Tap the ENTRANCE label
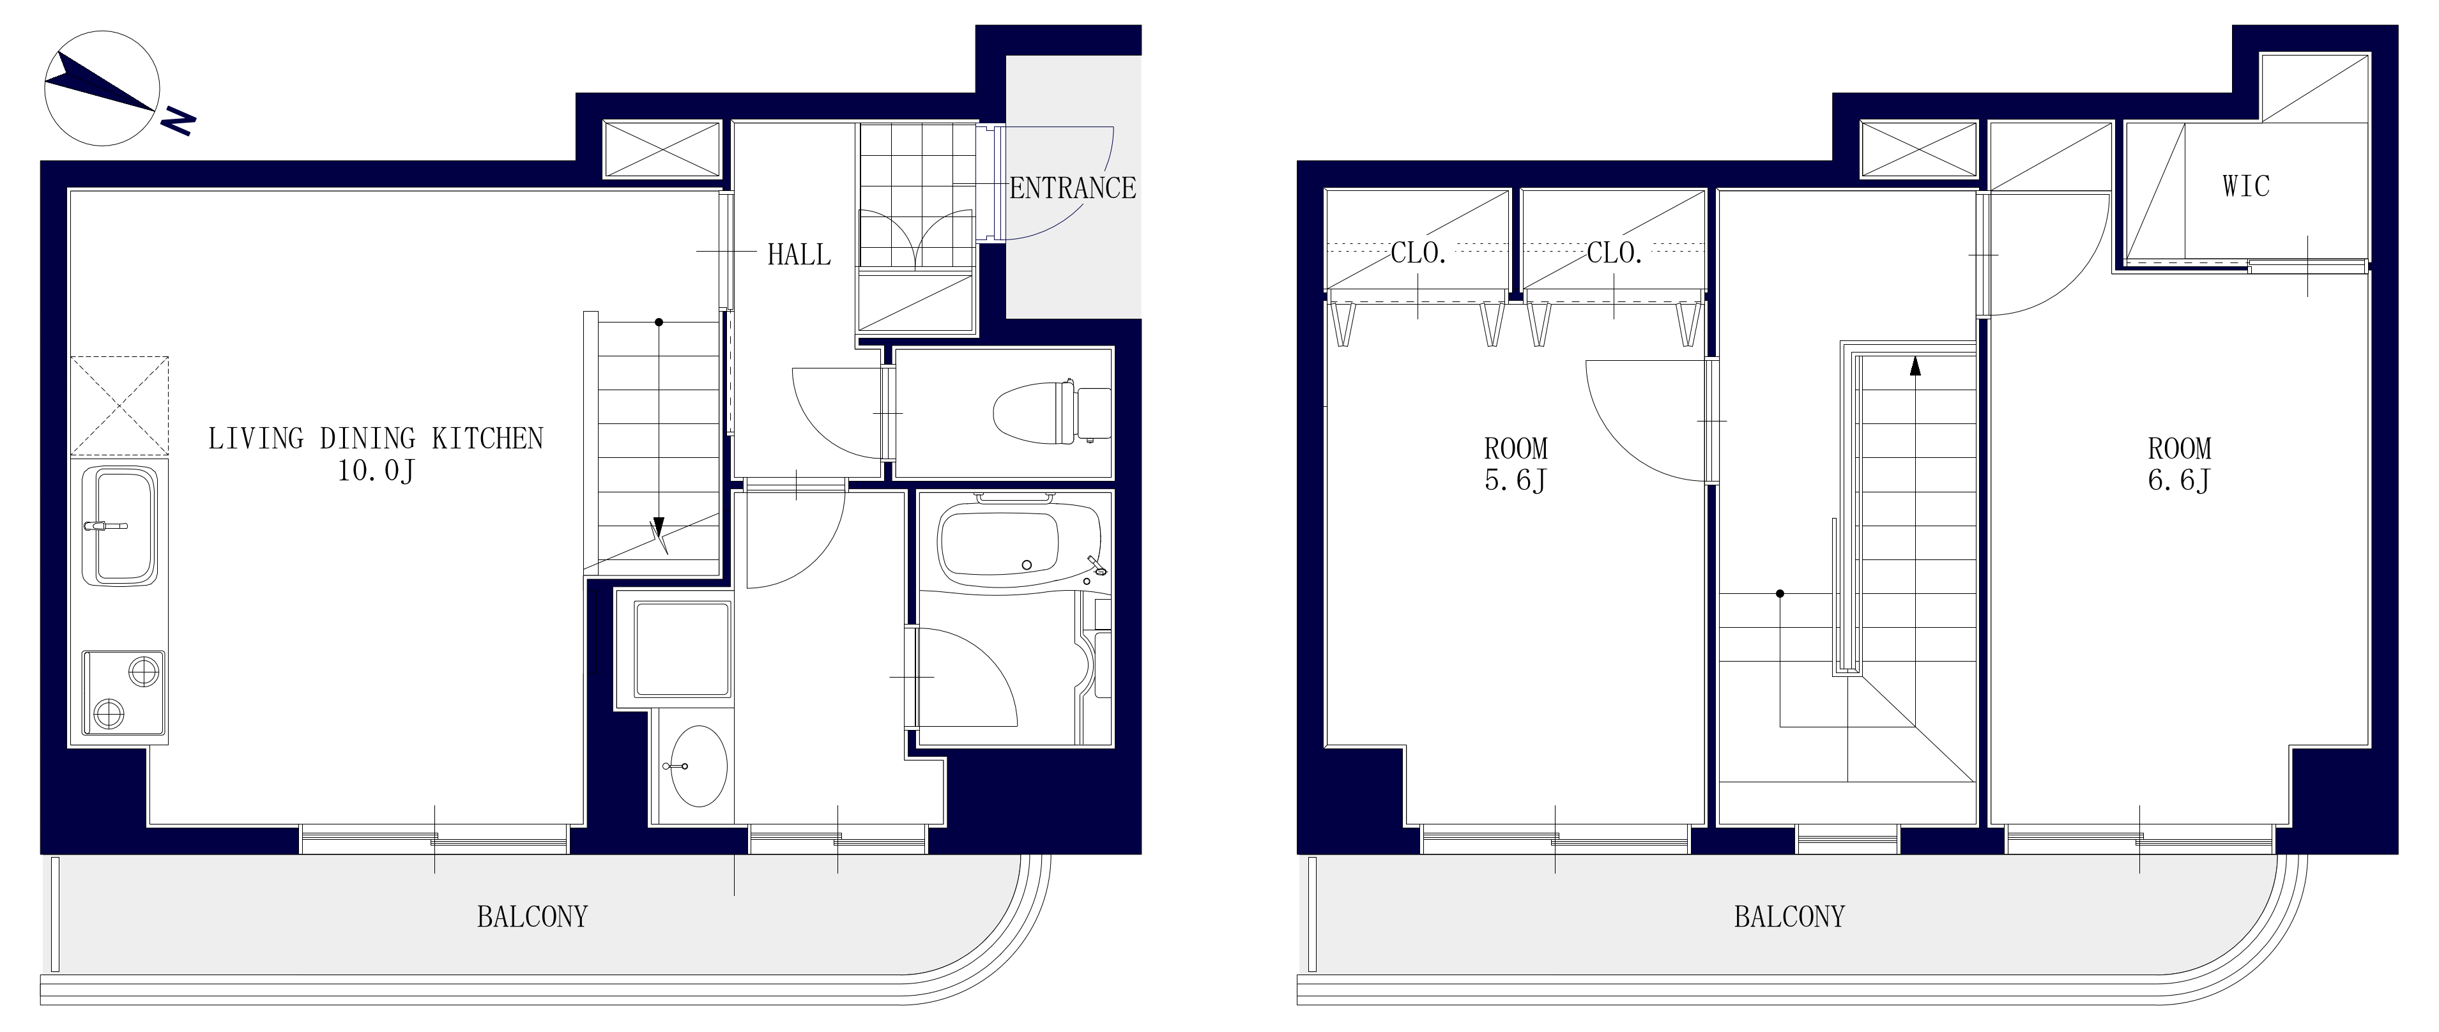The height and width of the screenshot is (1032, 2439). click(x=1072, y=188)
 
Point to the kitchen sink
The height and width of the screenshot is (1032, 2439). click(x=120, y=524)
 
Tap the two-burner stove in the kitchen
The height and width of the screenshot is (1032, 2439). click(x=123, y=692)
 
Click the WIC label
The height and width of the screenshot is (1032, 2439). click(x=2246, y=186)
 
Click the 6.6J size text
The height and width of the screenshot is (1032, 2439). click(x=2178, y=480)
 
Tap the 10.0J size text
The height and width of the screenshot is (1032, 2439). click(x=376, y=471)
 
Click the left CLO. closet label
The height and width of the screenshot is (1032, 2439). click(x=1418, y=253)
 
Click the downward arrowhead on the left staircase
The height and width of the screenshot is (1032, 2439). click(x=658, y=528)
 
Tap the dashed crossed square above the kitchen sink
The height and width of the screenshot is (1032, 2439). click(x=119, y=406)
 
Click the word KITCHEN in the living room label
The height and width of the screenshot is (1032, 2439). click(x=487, y=438)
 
